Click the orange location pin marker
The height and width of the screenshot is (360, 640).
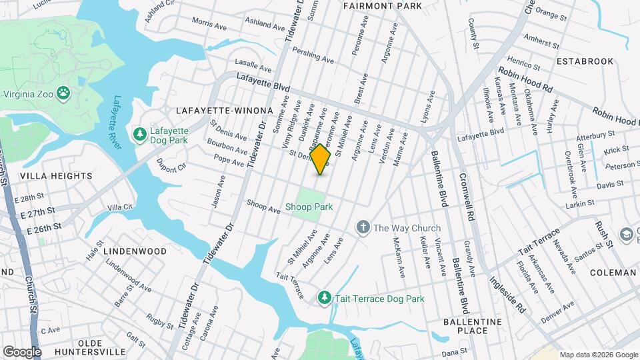321,159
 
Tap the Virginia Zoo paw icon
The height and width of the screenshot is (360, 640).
63,93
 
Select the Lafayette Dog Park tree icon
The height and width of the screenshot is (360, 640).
140,135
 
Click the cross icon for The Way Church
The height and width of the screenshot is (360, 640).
363,228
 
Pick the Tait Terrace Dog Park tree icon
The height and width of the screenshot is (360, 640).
324,298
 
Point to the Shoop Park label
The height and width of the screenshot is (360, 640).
309,207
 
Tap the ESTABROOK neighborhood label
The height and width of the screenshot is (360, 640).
585,61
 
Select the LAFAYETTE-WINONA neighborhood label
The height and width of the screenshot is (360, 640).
224,110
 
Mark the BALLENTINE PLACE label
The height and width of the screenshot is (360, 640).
473,326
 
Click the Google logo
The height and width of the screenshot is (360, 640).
22,351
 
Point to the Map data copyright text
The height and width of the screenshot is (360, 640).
598,355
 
